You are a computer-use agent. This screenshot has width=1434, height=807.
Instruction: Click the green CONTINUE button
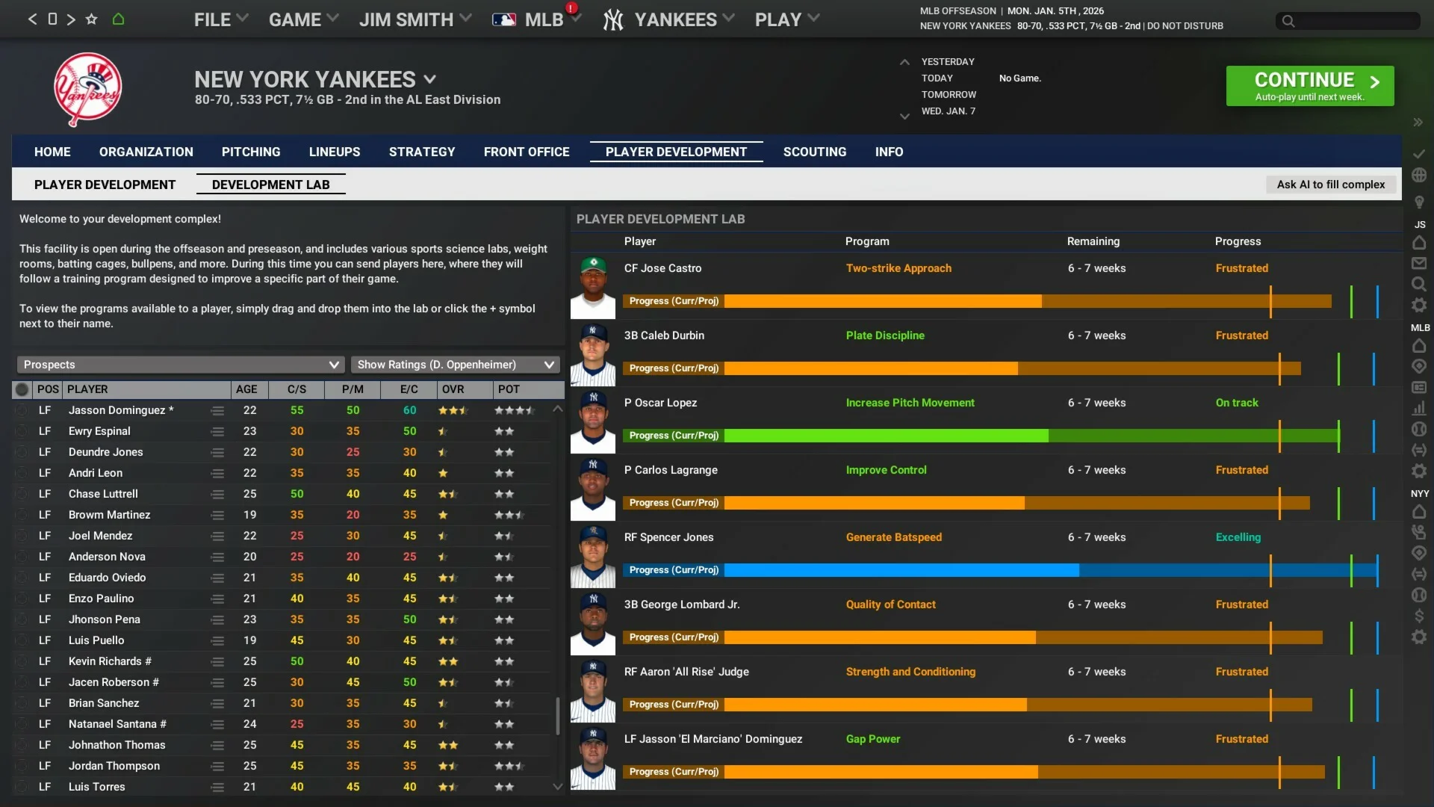click(x=1309, y=86)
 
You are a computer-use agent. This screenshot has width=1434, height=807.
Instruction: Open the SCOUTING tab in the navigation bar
click(x=814, y=152)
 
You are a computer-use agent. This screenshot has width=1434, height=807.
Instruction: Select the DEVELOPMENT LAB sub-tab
click(x=270, y=185)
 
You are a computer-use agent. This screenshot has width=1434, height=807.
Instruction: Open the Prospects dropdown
click(x=180, y=365)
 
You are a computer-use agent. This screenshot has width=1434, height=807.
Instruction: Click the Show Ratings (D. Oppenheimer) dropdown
click(x=455, y=365)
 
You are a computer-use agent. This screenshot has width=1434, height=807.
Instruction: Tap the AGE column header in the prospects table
click(x=246, y=389)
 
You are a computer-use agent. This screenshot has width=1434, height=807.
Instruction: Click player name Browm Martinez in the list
click(x=109, y=515)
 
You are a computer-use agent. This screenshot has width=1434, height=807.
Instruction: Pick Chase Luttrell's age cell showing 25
click(x=249, y=494)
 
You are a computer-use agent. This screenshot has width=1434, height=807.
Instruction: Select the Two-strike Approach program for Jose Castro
click(x=898, y=268)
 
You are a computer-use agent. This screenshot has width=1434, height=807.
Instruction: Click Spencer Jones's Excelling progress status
click(x=1238, y=537)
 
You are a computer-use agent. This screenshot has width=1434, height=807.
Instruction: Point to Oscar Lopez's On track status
click(x=1237, y=403)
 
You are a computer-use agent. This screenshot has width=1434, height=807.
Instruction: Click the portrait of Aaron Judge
click(x=593, y=691)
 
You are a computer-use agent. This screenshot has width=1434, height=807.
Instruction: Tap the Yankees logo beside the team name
click(x=87, y=89)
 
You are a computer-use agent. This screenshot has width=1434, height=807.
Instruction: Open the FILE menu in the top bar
click(x=220, y=19)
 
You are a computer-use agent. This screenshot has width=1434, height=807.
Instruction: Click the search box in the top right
click(x=1348, y=21)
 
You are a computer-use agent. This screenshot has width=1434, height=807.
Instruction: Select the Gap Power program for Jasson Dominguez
click(x=873, y=739)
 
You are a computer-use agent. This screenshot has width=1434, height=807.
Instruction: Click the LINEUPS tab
click(x=335, y=152)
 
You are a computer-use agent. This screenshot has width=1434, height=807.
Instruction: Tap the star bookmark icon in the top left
click(x=91, y=19)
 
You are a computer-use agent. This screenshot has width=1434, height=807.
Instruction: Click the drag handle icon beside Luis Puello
click(x=217, y=640)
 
